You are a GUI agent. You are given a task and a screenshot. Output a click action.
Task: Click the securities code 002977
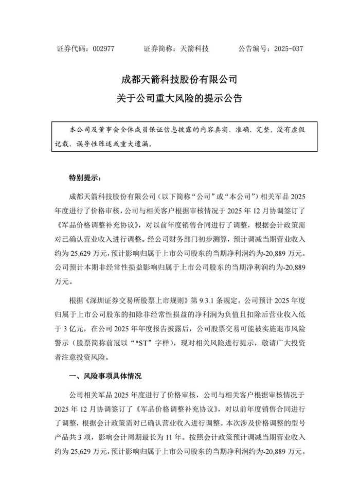click(x=103, y=49)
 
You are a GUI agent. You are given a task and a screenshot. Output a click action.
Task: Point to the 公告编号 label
click(x=253, y=49)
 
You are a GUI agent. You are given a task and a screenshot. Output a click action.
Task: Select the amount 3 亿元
click(x=71, y=328)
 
